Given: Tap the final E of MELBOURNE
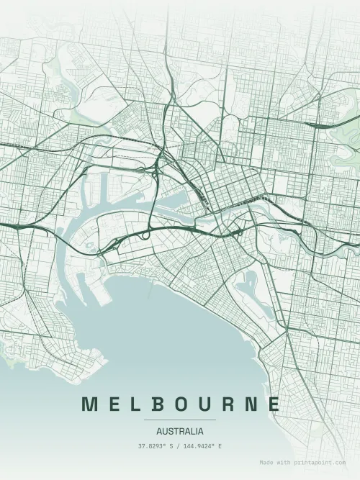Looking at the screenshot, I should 272,404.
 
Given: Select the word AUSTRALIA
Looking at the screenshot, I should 180,432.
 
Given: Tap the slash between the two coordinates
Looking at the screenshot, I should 179,447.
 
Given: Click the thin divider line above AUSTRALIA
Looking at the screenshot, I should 180,420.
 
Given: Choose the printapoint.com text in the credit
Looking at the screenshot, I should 320,463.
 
